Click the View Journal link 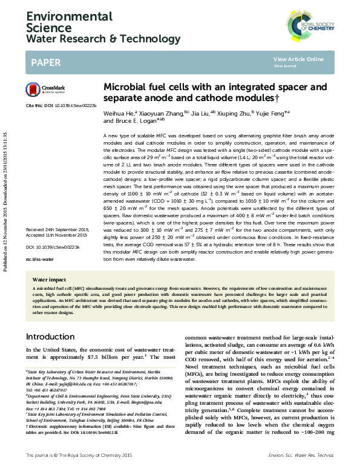[x=284, y=65]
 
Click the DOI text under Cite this [x=68, y=105]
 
